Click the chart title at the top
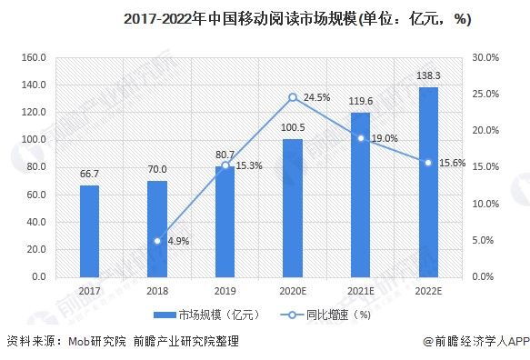(x=273, y=17)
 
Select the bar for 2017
(x=89, y=230)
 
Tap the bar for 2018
(x=157, y=228)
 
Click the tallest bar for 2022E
(x=428, y=182)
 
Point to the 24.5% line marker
(x=293, y=97)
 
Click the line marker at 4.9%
(x=157, y=241)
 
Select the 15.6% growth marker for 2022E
(x=428, y=163)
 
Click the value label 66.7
(x=89, y=174)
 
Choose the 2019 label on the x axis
(x=225, y=289)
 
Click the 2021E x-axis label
(x=360, y=289)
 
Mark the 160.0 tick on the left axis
(x=34, y=57)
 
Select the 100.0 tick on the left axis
(x=34, y=139)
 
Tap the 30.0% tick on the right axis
(x=486, y=57)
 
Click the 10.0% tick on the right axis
(x=486, y=204)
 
